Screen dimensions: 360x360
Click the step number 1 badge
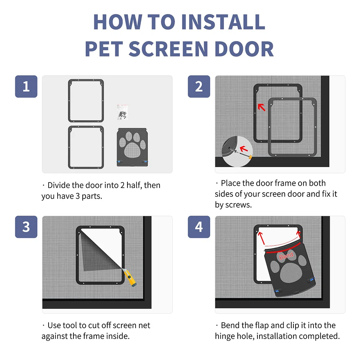click(x=26, y=86)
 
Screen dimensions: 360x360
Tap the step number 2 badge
click(x=199, y=86)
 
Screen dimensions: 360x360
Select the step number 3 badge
click(x=26, y=227)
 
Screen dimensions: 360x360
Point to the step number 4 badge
click(x=199, y=227)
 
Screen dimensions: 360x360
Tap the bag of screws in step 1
click(x=122, y=112)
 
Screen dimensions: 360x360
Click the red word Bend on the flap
click(x=286, y=256)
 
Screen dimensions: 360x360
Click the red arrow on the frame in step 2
click(x=262, y=107)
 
